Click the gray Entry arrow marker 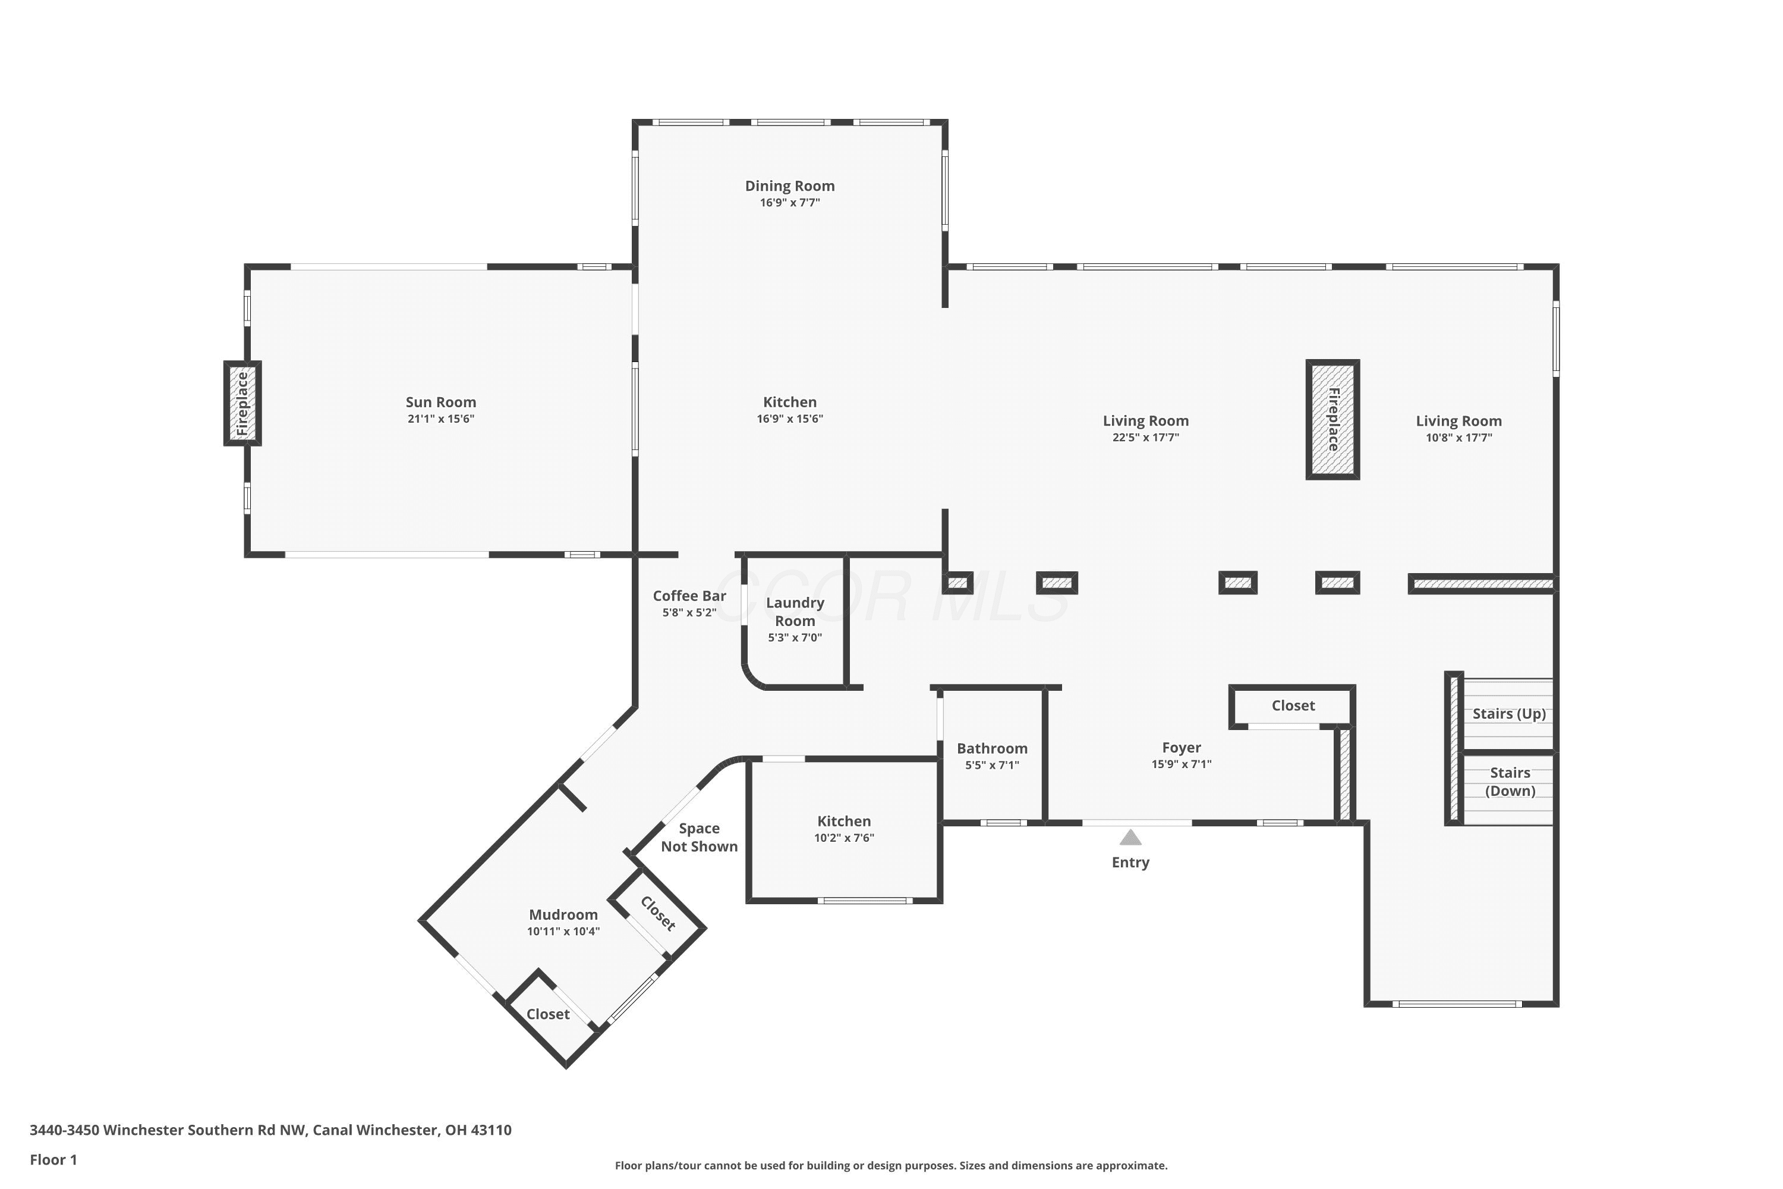point(1130,837)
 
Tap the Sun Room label point(440,402)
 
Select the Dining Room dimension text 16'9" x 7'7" point(790,203)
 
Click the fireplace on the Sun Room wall point(242,404)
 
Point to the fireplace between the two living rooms point(1332,419)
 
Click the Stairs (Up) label point(1510,713)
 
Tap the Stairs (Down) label point(1510,782)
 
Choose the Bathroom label point(993,748)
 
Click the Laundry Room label point(795,611)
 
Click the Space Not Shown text point(699,838)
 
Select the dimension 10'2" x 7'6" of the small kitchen point(844,838)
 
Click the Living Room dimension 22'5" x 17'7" point(1145,438)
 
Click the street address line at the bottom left point(270,1130)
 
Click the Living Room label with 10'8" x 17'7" point(1458,422)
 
